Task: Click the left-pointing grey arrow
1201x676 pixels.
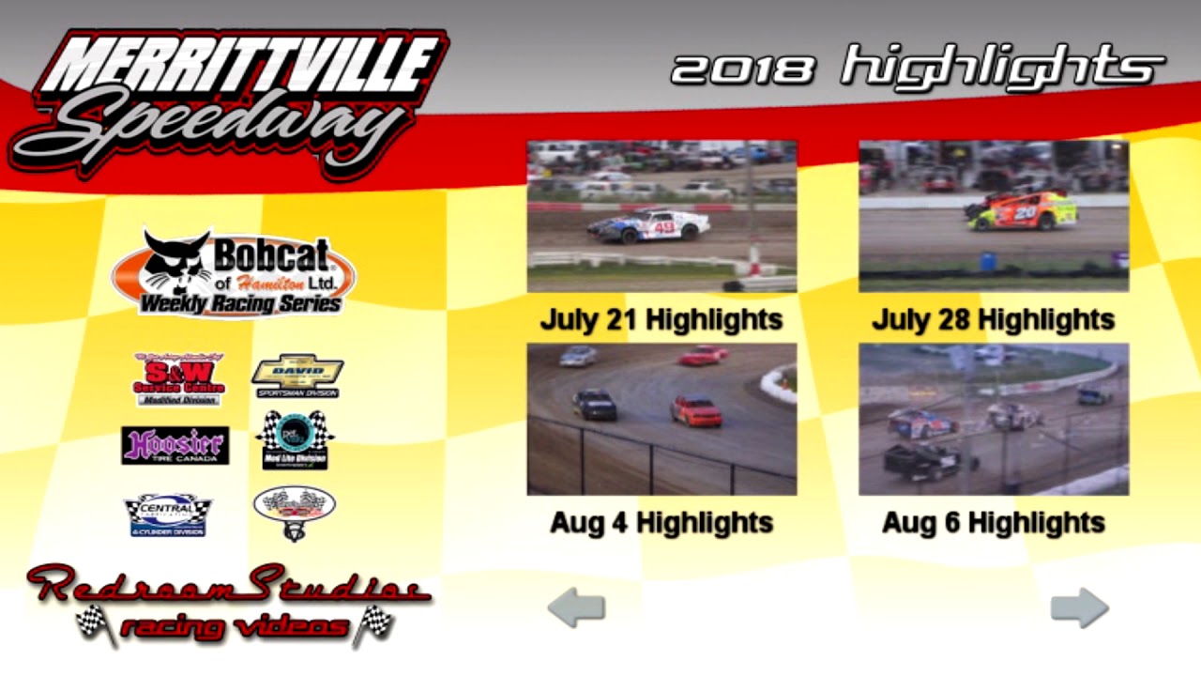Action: click(576, 608)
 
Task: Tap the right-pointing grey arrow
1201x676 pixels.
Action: click(1079, 607)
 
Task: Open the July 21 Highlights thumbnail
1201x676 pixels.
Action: click(661, 216)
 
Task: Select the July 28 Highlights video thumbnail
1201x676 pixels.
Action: click(994, 216)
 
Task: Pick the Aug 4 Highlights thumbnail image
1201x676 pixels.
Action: click(661, 419)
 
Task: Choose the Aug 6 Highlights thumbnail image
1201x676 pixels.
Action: click(994, 419)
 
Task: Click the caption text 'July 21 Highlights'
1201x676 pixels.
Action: click(661, 320)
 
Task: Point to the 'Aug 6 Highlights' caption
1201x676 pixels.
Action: click(994, 523)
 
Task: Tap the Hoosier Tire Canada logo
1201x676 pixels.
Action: click(175, 445)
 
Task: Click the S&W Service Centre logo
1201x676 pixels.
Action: click(179, 378)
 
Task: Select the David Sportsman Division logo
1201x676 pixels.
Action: click(296, 376)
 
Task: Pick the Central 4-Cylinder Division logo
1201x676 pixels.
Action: click(168, 515)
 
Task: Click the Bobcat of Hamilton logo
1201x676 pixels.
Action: click(234, 273)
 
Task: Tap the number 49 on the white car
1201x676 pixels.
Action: click(664, 226)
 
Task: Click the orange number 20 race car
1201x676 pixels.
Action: click(1024, 211)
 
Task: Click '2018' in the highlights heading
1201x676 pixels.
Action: click(743, 69)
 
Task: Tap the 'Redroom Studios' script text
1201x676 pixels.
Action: click(228, 585)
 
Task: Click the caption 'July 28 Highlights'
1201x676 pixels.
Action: click(994, 320)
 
